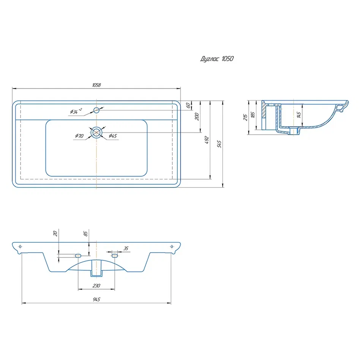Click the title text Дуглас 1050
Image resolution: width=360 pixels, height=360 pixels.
217,59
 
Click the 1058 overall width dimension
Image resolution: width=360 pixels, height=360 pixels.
96,85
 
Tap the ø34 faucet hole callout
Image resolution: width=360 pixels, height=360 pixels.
76,111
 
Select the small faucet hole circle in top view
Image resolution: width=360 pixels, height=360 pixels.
96,110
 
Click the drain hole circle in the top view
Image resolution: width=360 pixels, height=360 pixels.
96,133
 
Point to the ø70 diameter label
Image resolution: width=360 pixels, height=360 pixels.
79,136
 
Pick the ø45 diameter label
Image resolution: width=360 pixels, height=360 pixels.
113,136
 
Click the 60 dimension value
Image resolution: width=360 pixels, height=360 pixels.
188,106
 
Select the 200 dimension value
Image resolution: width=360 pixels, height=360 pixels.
197,117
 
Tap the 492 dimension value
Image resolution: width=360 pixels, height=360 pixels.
207,140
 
